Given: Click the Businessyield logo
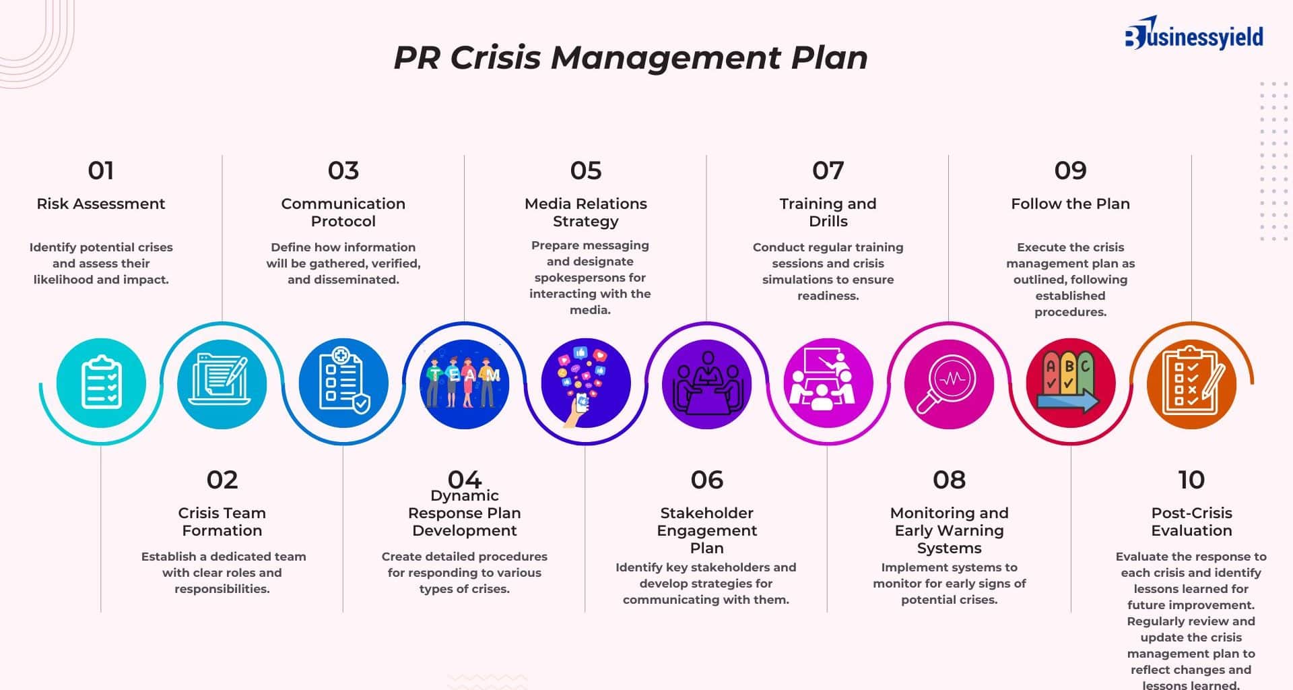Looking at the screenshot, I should coord(1194,34).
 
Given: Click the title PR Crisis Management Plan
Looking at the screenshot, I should coord(630,57).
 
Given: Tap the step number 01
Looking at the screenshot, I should coord(101,170).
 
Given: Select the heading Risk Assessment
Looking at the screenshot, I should coord(101,203).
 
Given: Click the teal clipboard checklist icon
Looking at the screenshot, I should coord(101,383).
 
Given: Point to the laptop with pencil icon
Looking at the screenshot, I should coord(222,383).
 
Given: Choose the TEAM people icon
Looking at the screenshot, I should coord(465,383).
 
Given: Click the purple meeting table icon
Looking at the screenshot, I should coord(707,383).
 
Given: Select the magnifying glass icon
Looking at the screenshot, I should coord(949,383).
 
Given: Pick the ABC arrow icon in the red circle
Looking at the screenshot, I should coord(1070,383).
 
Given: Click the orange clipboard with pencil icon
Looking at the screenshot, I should coord(1191,383).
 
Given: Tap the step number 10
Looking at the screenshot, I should coord(1191,480).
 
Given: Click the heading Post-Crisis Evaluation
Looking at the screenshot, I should coord(1191,522).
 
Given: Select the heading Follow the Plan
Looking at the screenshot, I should coord(1070,203).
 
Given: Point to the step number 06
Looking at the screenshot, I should coord(707,480).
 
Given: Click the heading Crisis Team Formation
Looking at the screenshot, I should coord(222,522).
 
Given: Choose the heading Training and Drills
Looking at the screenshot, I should coord(828,212).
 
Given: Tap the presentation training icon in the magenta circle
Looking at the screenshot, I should coord(828,383).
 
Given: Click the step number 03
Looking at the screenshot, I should coord(343,170).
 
